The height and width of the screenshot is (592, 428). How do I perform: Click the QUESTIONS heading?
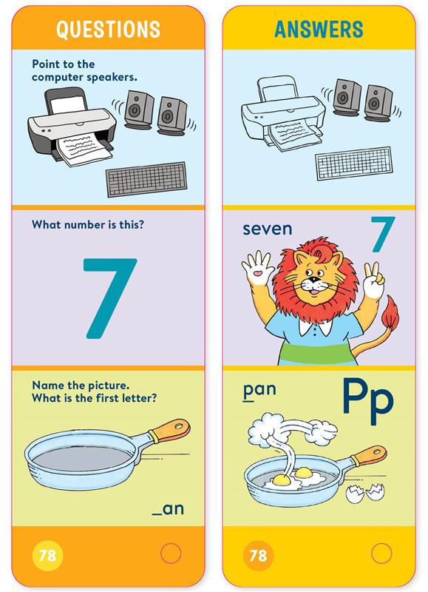pyautogui.click(x=108, y=30)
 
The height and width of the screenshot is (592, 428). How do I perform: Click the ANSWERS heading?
pyautogui.click(x=319, y=30)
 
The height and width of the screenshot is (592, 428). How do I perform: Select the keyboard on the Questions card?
pyautogui.click(x=146, y=179)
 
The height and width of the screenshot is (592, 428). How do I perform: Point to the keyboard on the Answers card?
pyautogui.click(x=354, y=163)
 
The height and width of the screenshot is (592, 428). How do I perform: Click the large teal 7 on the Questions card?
pyautogui.click(x=109, y=298)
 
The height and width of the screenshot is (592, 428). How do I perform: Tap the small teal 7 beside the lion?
pyautogui.click(x=383, y=234)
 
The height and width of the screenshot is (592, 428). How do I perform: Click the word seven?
pyautogui.click(x=268, y=229)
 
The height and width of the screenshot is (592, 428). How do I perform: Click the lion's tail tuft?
pyautogui.click(x=390, y=314)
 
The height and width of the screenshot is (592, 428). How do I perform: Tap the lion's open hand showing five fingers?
pyautogui.click(x=257, y=268)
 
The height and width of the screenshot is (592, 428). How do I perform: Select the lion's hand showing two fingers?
pyautogui.click(x=373, y=281)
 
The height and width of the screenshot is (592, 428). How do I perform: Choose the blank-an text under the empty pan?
pyautogui.click(x=168, y=509)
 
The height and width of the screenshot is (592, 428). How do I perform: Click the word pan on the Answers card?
pyautogui.click(x=259, y=391)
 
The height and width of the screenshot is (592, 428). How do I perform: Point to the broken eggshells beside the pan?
pyautogui.click(x=366, y=493)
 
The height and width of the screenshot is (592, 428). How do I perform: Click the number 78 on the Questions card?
pyautogui.click(x=47, y=555)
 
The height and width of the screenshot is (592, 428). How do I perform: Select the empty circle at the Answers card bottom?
pyautogui.click(x=381, y=554)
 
